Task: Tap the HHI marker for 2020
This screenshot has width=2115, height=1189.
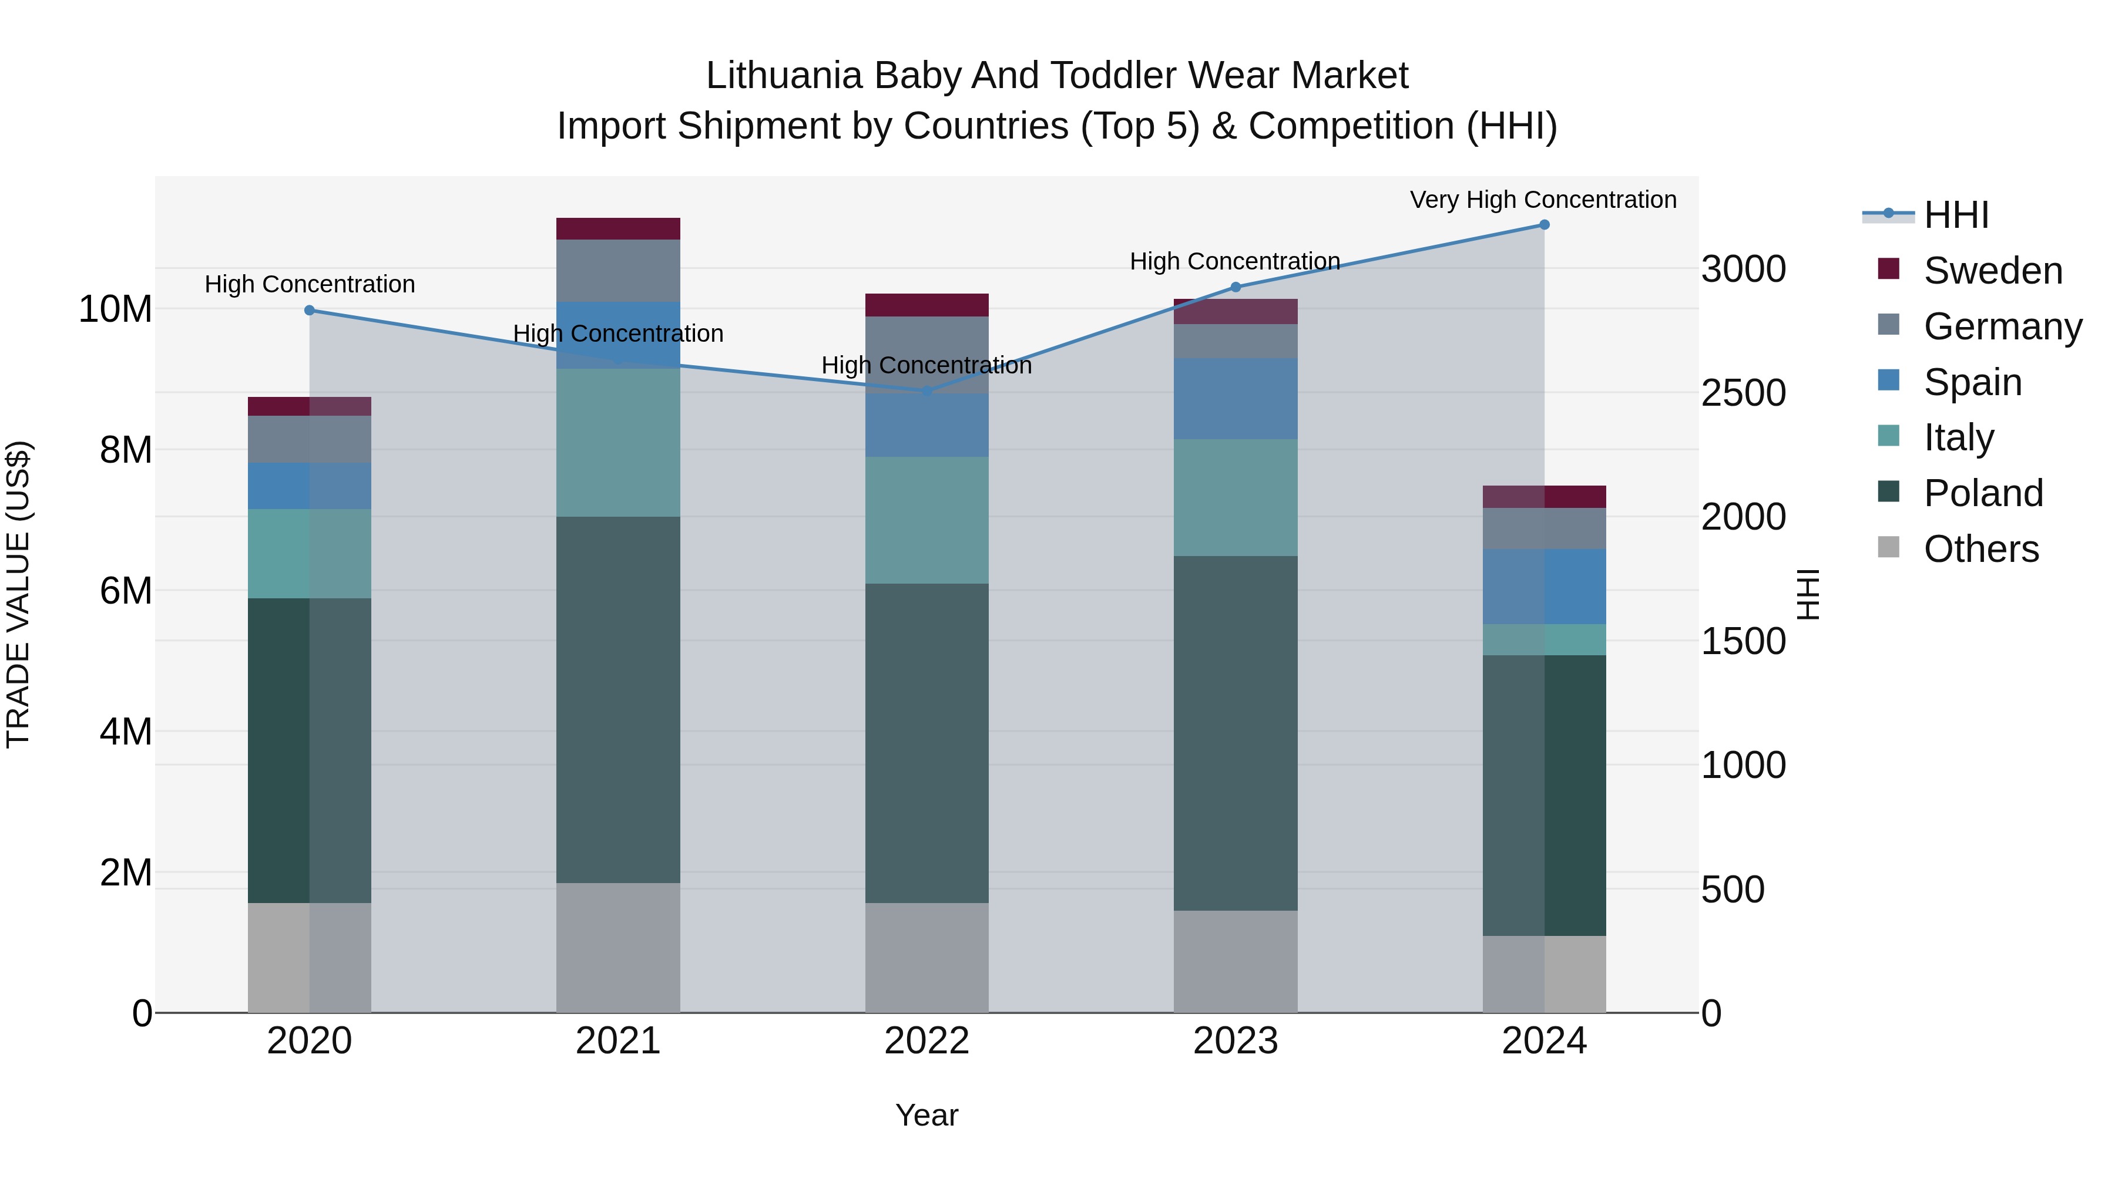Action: pyautogui.click(x=310, y=310)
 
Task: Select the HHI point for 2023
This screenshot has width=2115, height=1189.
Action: pyautogui.click(x=1236, y=287)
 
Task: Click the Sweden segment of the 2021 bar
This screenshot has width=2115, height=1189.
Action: pyautogui.click(x=618, y=229)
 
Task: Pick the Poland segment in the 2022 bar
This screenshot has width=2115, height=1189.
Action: pyautogui.click(x=927, y=743)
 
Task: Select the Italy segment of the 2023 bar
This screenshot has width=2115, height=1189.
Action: pyautogui.click(x=1236, y=497)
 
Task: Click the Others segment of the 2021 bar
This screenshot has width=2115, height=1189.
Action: pyautogui.click(x=618, y=947)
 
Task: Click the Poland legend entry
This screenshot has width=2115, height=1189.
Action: pyautogui.click(x=1983, y=493)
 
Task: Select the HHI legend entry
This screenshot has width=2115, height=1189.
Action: pyautogui.click(x=1956, y=215)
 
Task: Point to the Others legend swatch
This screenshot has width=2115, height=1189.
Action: pyautogui.click(x=1888, y=547)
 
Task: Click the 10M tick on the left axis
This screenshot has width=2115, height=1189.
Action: pyautogui.click(x=115, y=309)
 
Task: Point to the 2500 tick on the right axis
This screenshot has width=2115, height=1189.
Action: pyautogui.click(x=1743, y=393)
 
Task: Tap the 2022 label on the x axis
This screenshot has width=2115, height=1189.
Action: pyautogui.click(x=927, y=1041)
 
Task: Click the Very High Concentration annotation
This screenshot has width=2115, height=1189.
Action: pyautogui.click(x=1543, y=200)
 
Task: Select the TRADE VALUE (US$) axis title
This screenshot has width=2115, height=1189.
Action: pyautogui.click(x=18, y=594)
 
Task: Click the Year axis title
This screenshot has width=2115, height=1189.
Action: pyautogui.click(x=927, y=1115)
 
